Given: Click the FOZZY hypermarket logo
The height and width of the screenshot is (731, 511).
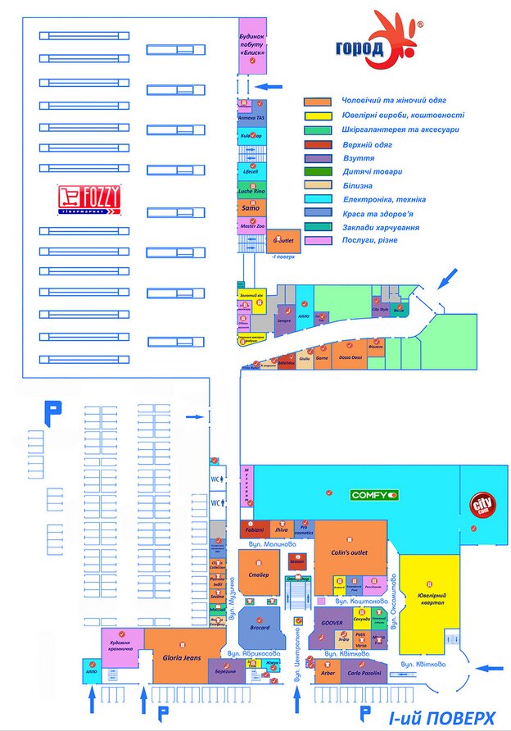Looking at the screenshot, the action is [89, 198].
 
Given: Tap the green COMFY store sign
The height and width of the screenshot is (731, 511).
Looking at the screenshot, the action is [374, 495].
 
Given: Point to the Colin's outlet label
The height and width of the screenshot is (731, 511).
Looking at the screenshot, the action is [348, 552].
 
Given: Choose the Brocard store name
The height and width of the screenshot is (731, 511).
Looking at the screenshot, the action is [260, 628].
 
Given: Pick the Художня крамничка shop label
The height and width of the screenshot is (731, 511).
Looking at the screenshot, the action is [122, 643].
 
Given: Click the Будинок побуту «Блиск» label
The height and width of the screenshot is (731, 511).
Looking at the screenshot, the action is [252, 45].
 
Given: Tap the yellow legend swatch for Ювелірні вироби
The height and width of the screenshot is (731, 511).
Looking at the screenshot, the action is [318, 115].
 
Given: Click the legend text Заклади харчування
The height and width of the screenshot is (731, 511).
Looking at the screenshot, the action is [386, 227].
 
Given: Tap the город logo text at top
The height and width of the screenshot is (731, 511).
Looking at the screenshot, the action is [359, 48].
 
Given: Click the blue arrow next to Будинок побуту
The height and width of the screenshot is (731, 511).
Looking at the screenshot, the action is [275, 85].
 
